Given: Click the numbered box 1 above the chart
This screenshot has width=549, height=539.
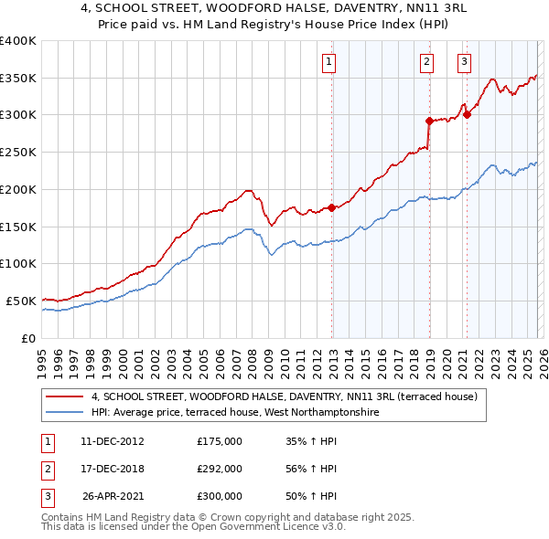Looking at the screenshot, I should coord(328,62).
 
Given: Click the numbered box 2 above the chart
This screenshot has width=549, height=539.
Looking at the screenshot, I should coord(426,62).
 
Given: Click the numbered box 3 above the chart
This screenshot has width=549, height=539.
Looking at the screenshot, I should coord(464,62).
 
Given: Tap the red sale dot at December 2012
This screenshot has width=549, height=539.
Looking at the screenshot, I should coord(331,207).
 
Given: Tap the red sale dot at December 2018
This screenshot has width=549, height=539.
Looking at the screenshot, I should coord(429,120).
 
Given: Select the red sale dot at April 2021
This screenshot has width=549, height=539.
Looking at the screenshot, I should coord(467,114).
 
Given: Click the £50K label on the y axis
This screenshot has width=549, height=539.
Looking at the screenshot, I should coord(21,301).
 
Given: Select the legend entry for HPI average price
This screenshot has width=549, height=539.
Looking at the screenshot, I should coord(234,413).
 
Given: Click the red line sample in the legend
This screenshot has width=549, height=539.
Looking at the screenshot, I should coord(64,397).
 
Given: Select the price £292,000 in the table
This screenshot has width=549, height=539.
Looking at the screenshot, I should coord(220,469).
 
